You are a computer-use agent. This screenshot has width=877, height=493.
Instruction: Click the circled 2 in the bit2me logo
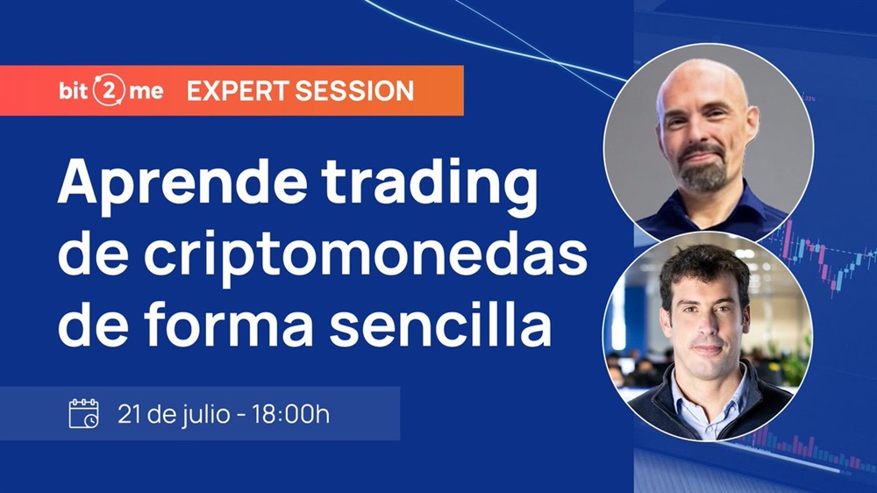click(x=109, y=90)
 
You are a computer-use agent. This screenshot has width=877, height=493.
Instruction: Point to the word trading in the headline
click(x=430, y=186)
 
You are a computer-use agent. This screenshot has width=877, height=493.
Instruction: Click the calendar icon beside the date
click(x=83, y=413)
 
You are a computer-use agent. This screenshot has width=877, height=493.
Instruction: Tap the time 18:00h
click(x=290, y=415)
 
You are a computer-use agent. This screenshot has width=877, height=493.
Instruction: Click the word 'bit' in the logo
click(x=74, y=90)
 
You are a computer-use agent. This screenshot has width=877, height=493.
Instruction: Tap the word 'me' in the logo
click(x=146, y=92)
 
